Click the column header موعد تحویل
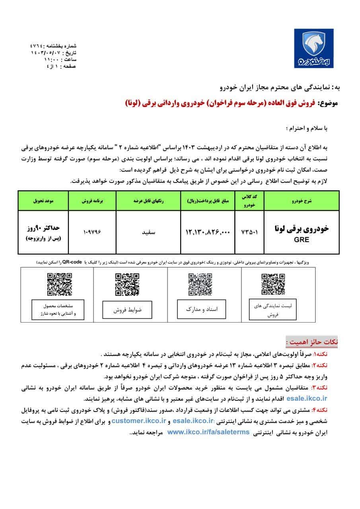[x=44, y=201]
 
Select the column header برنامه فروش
[x=92, y=201]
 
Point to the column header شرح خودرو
[x=301, y=201]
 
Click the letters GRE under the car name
[x=301, y=240]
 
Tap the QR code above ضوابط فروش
[x=127, y=284]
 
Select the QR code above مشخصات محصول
[x=60, y=284]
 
